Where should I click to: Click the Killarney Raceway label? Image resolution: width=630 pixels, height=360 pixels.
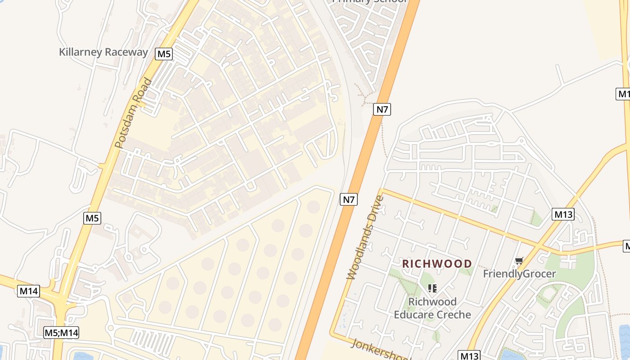[103, 52]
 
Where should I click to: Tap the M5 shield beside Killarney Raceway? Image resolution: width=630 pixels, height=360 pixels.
[164, 54]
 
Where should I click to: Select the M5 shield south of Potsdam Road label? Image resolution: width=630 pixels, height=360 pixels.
[92, 218]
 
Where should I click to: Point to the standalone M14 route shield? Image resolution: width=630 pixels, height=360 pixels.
[29, 291]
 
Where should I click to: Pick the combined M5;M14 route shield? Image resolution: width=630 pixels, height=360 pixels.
[62, 333]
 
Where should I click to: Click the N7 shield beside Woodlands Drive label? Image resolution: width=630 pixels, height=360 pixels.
[348, 199]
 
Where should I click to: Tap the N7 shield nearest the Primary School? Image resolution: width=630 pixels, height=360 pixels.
[382, 109]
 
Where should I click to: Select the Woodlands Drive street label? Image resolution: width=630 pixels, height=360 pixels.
[365, 237]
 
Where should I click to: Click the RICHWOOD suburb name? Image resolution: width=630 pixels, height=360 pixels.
[437, 264]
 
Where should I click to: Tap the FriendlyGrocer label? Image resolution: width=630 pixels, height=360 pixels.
[519, 274]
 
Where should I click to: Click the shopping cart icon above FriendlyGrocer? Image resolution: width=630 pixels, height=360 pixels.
[519, 261]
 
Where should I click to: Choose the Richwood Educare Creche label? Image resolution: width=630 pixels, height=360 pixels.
[432, 308]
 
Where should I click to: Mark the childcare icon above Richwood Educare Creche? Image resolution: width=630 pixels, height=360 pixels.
[432, 288]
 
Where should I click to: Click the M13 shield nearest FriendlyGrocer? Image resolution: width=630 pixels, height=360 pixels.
[563, 214]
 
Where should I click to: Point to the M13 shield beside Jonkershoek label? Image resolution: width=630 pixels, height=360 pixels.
[469, 355]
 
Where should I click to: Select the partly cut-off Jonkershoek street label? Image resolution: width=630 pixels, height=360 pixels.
[378, 350]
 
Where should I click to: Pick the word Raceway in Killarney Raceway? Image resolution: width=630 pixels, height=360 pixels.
[126, 52]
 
